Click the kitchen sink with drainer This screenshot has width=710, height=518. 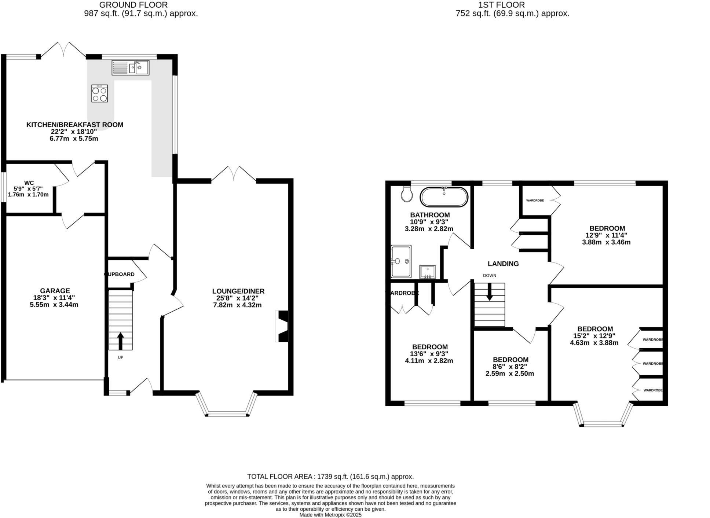click(x=130, y=68)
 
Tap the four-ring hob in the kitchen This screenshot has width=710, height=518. click(x=99, y=93)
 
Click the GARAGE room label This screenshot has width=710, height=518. click(x=55, y=291)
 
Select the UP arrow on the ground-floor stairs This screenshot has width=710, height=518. click(x=120, y=341)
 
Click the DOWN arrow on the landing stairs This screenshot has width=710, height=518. click(x=489, y=293)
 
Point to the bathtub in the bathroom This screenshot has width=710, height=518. click(x=444, y=197)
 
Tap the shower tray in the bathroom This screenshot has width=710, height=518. click(x=401, y=261)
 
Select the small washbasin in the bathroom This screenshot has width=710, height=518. click(x=427, y=272)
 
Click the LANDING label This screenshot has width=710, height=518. click(x=503, y=264)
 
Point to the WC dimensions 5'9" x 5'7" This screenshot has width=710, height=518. click(x=28, y=189)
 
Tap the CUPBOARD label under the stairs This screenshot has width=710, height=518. click(x=120, y=274)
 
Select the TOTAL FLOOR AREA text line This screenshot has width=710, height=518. click(x=330, y=477)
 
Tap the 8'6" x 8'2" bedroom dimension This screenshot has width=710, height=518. click(x=510, y=367)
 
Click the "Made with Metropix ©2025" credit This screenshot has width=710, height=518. click(x=330, y=515)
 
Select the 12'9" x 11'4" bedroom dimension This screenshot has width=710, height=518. click(x=606, y=235)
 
